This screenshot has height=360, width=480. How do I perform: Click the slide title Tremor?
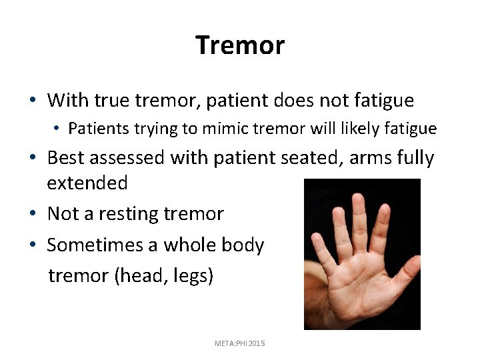tap(240, 45)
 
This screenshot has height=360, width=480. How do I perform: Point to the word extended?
tap(87, 183)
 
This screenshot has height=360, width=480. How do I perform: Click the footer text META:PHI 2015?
tap(240, 343)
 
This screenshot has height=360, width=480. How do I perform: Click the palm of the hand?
tap(367, 280)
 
